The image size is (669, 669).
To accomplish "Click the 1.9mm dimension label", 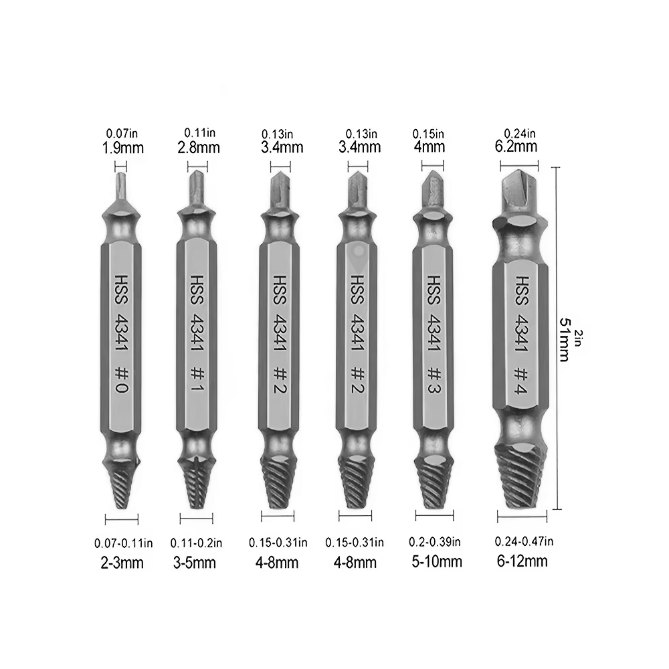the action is (x=122, y=148).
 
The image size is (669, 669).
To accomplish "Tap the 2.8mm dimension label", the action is (x=199, y=148).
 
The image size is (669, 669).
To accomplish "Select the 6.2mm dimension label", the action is (x=516, y=147).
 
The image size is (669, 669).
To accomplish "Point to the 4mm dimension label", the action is (x=429, y=147).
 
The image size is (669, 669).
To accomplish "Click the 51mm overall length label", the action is (x=564, y=340).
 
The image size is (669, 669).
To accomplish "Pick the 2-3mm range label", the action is (x=122, y=563).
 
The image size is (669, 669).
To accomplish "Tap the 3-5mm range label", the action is (x=195, y=563).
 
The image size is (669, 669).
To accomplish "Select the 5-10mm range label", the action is (x=437, y=561).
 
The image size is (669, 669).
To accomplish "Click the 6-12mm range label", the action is (x=522, y=561).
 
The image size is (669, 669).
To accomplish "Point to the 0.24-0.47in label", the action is (x=524, y=541).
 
